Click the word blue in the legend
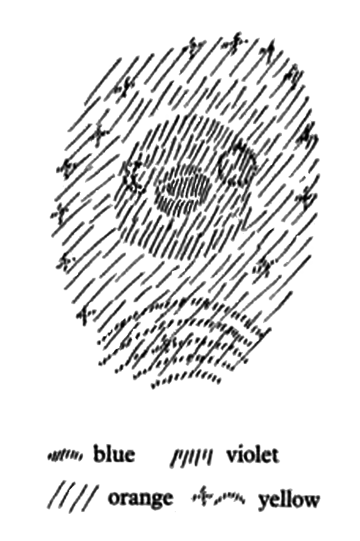coord(113,455)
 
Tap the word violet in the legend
coord(252,455)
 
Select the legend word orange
coord(140,498)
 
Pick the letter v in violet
coord(232,457)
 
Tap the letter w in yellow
coord(310,500)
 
